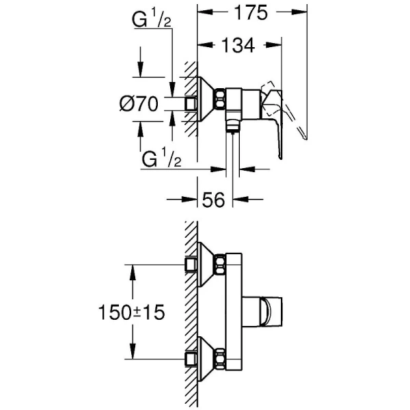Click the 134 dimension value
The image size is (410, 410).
tap(238, 45)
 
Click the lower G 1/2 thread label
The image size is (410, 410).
tap(161, 161)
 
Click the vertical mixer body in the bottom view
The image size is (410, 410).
tap(233, 311)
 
